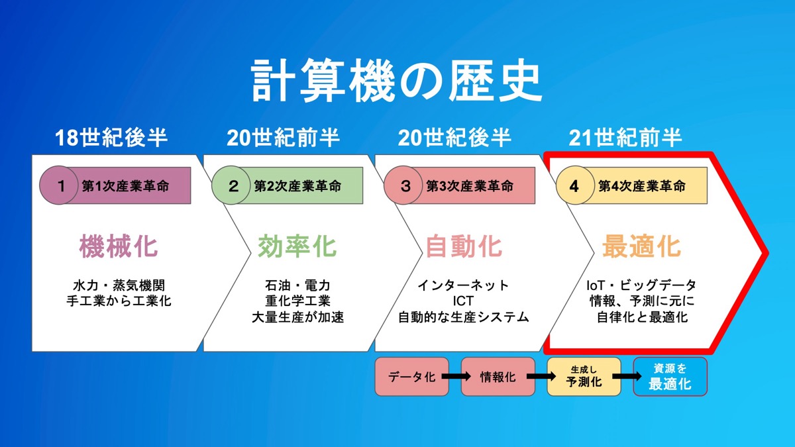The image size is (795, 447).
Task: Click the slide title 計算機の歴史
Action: point(396,81)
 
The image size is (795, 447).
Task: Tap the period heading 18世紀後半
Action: point(111,138)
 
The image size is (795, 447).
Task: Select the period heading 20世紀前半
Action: point(284,138)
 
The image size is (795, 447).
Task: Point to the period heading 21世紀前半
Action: point(625,138)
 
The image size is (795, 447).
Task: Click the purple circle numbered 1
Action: point(58,185)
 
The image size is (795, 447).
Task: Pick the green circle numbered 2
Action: point(231,185)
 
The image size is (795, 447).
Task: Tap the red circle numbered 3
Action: point(403,185)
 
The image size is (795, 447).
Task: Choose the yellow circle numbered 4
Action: point(575,185)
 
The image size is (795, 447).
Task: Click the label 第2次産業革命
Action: point(297,186)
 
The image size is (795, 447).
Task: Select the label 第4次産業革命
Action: point(642,186)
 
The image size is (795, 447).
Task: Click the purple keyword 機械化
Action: point(118,246)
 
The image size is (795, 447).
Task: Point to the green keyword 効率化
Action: point(297,246)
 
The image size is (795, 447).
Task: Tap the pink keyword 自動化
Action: point(464,246)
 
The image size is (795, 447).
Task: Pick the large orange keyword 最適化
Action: point(641,246)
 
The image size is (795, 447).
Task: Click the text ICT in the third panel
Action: point(463,301)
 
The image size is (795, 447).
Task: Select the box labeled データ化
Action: point(411,376)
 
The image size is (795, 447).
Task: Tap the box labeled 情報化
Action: point(498,376)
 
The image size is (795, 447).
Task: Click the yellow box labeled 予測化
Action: point(584,376)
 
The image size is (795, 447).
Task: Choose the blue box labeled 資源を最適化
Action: point(670,376)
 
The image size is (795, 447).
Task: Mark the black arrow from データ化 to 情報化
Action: point(456,376)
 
